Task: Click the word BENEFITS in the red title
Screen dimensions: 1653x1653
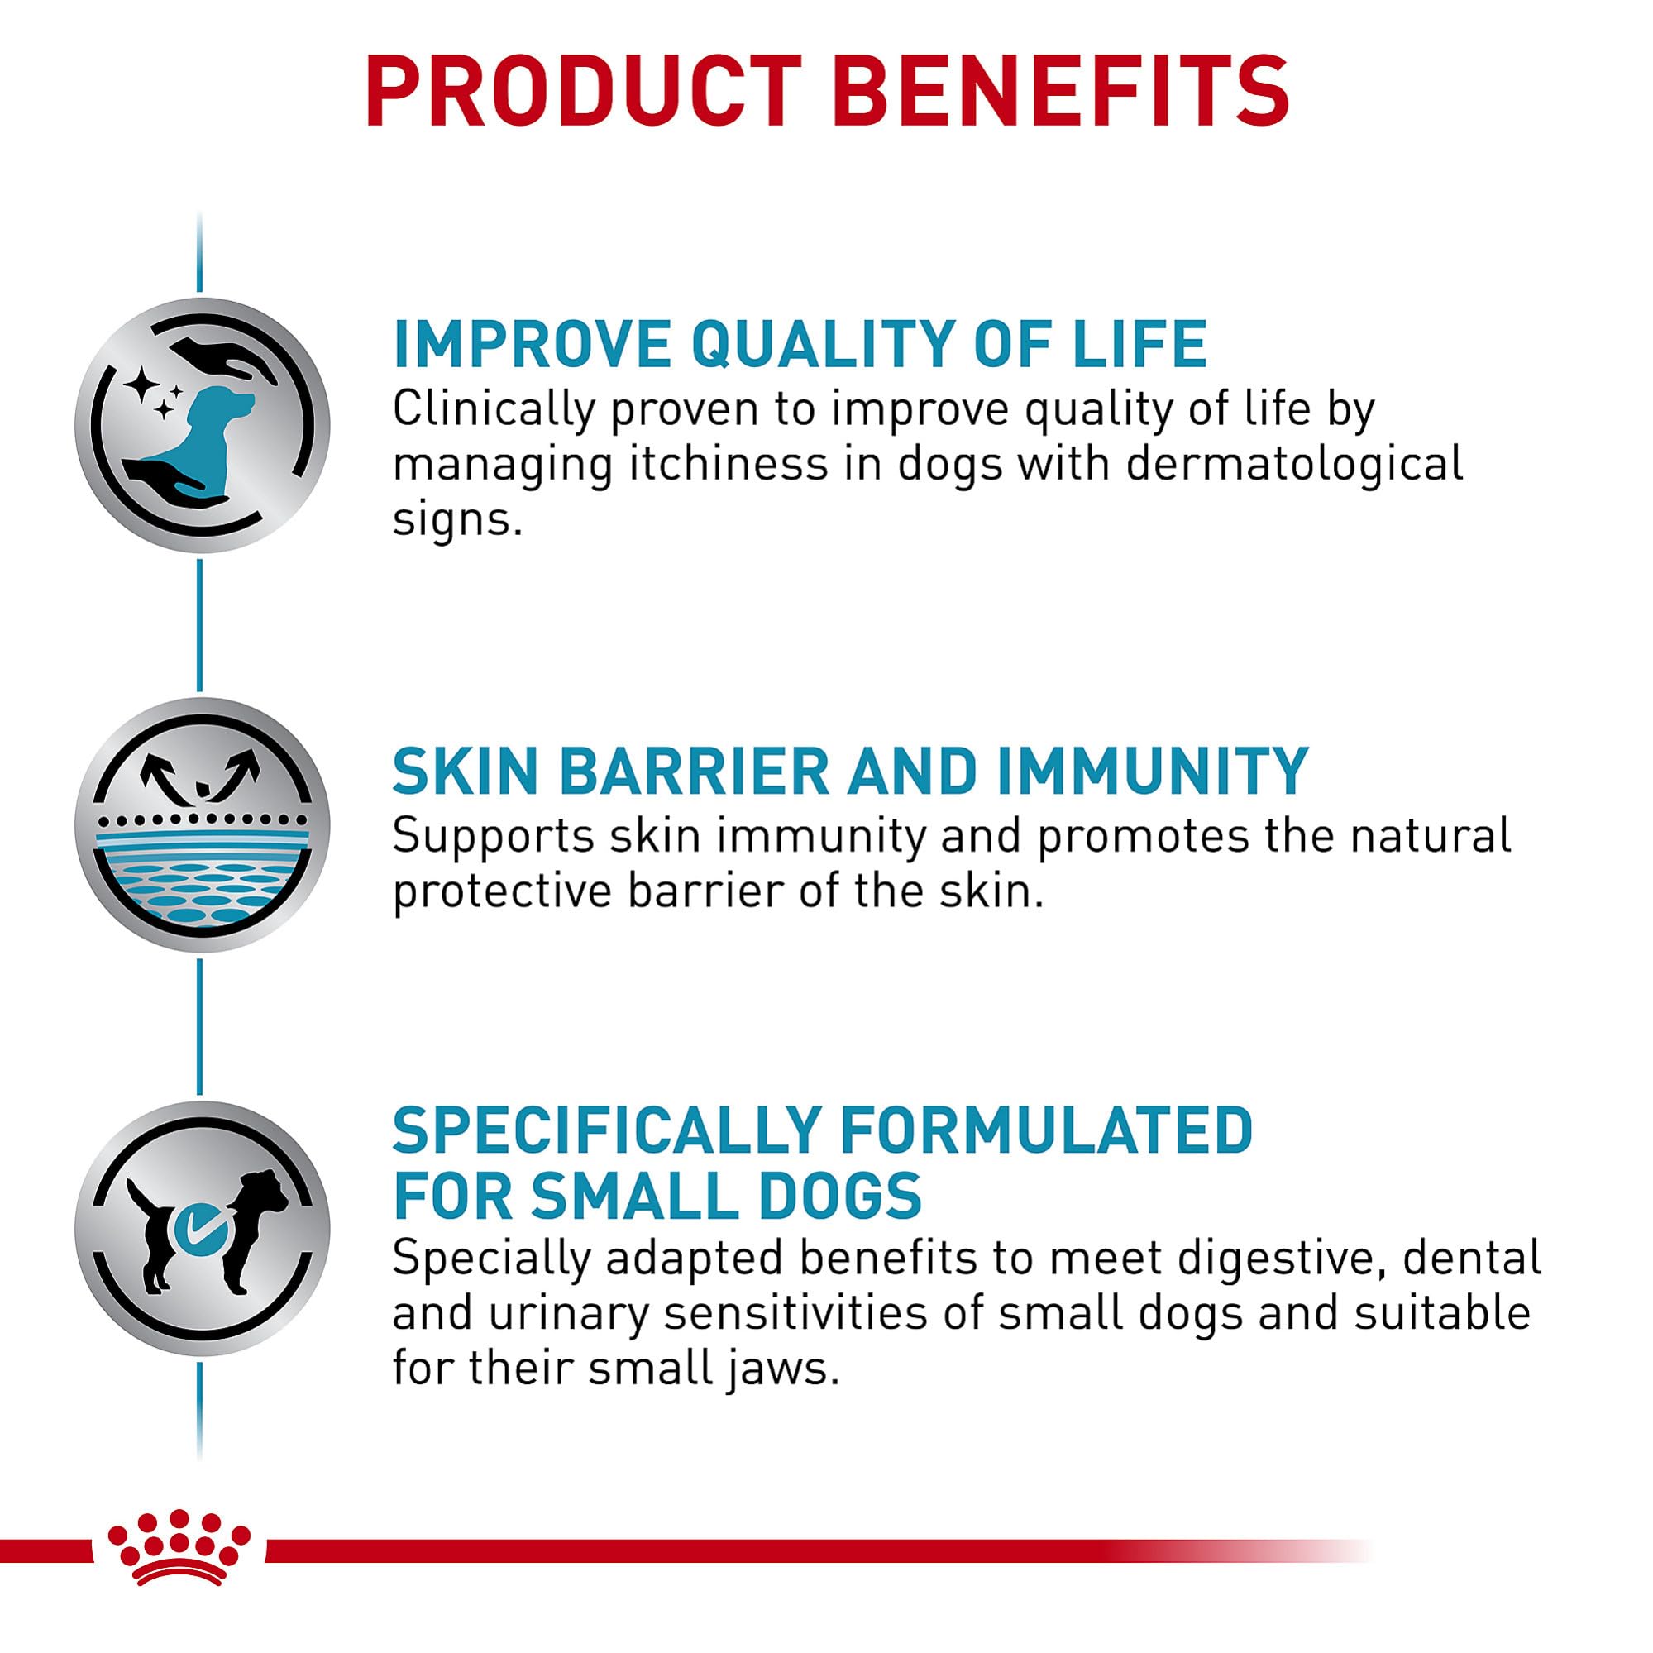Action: click(x=1061, y=92)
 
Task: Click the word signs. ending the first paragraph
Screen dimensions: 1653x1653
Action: click(x=457, y=521)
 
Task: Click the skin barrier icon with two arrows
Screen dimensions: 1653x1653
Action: click(x=202, y=824)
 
